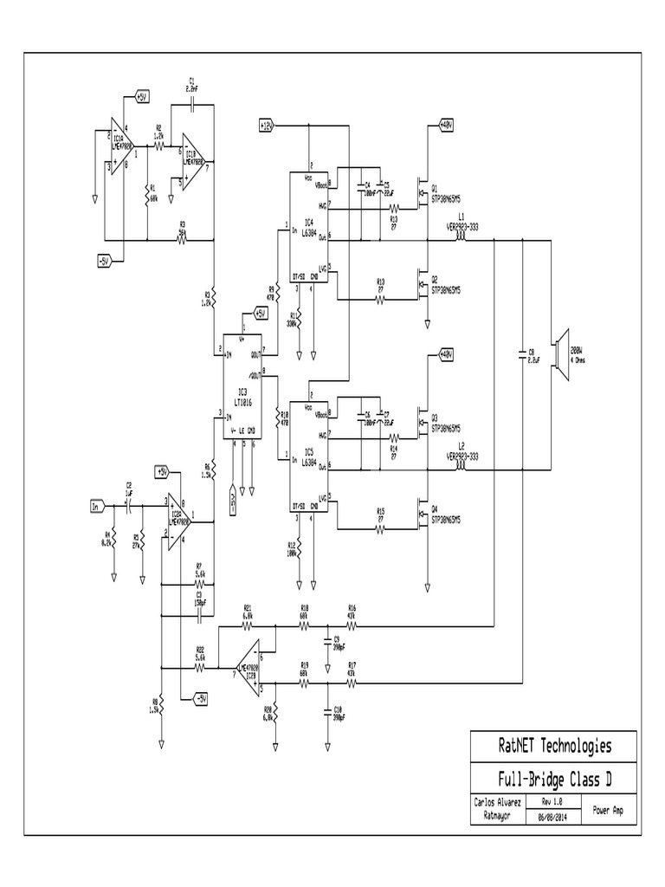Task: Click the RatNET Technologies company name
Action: pyautogui.click(x=554, y=746)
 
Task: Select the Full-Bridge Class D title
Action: pyautogui.click(x=554, y=777)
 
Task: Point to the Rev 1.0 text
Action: pyautogui.click(x=552, y=801)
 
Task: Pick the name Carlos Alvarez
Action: pyautogui.click(x=498, y=801)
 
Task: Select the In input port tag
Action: pyautogui.click(x=95, y=504)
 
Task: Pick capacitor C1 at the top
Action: pyautogui.click(x=191, y=102)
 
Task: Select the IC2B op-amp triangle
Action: pyautogui.click(x=249, y=665)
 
